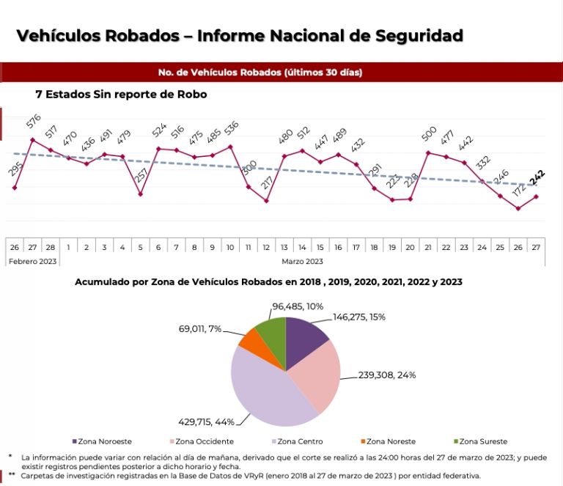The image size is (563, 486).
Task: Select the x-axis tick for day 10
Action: pyautogui.click(x=230, y=247)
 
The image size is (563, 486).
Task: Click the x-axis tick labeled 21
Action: pyautogui.click(x=428, y=247)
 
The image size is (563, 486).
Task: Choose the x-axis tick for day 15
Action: pyautogui.click(x=320, y=247)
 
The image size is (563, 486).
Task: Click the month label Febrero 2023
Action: pyautogui.click(x=32, y=261)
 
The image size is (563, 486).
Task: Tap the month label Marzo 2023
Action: pyautogui.click(x=303, y=261)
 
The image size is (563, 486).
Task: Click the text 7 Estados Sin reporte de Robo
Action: pyautogui.click(x=121, y=95)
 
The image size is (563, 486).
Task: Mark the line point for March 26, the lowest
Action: pyautogui.click(x=518, y=208)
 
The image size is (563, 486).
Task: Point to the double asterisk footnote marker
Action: pyautogui.click(x=12, y=475)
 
